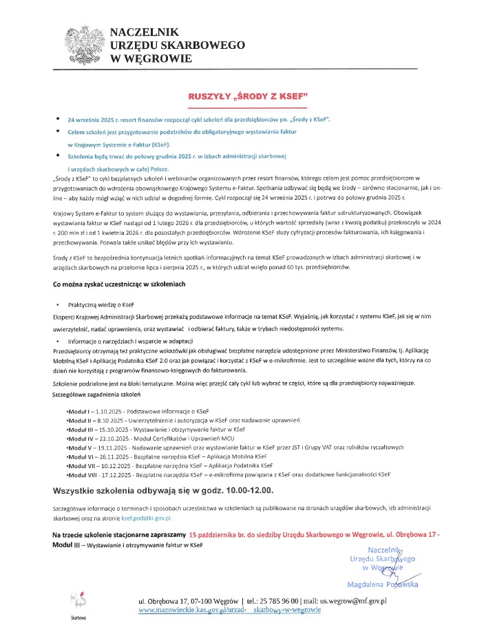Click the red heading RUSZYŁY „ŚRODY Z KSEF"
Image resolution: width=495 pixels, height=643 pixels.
(x=246, y=96)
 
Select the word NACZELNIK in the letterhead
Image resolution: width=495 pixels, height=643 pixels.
(x=144, y=32)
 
